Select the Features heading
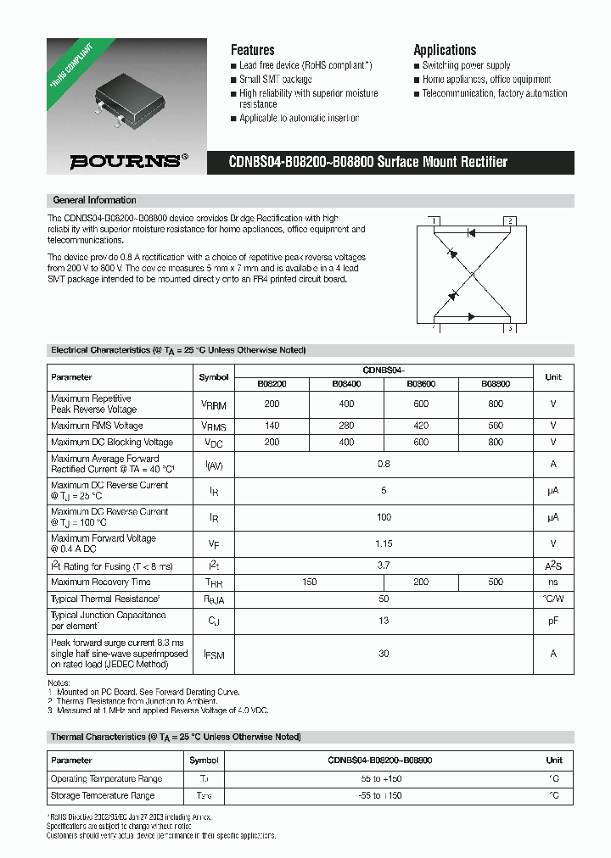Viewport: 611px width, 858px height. pyautogui.click(x=252, y=50)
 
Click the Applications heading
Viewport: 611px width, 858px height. pyautogui.click(x=445, y=50)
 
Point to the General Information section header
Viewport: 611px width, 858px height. pyautogui.click(x=94, y=200)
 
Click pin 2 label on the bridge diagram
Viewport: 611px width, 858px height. pyautogui.click(x=509, y=220)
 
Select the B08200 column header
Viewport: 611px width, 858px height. pyautogui.click(x=272, y=384)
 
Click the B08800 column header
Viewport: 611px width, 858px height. pyautogui.click(x=496, y=384)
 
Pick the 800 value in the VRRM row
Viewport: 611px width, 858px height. pyautogui.click(x=496, y=404)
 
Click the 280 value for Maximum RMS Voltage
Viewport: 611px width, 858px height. pyautogui.click(x=346, y=426)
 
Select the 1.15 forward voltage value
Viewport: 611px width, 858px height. pyautogui.click(x=384, y=543)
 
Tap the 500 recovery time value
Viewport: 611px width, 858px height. pyautogui.click(x=496, y=582)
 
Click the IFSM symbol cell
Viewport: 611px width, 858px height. pyautogui.click(x=214, y=654)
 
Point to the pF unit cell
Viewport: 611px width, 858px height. pyautogui.click(x=552, y=621)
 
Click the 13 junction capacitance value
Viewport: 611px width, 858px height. pyautogui.click(x=384, y=621)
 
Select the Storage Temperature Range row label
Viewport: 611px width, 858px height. pyautogui.click(x=103, y=795)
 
